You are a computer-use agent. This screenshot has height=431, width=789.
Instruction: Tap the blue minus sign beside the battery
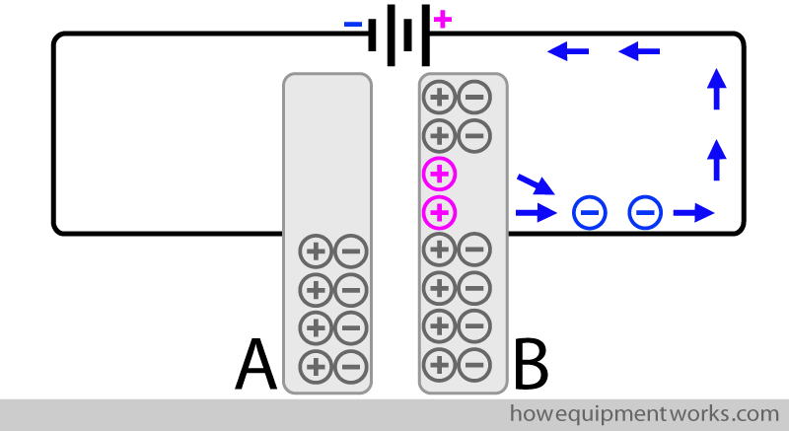click(352, 24)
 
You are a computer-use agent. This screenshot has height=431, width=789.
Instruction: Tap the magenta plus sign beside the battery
click(442, 19)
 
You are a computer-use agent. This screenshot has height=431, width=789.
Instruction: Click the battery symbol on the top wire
click(399, 36)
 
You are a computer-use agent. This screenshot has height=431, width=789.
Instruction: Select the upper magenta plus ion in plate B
click(440, 174)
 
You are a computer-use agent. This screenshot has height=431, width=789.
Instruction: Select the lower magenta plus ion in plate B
click(440, 211)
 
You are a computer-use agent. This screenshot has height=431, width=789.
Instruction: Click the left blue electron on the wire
click(589, 211)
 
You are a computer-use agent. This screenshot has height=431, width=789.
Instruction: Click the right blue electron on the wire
click(645, 211)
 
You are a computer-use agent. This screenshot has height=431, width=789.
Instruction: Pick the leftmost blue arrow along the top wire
click(568, 49)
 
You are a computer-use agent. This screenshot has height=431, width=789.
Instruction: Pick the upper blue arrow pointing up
click(717, 89)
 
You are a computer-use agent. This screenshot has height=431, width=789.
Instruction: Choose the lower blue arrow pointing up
click(717, 158)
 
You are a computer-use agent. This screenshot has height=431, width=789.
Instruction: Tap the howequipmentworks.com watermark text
click(644, 412)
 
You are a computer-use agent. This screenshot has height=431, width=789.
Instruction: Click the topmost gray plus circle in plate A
click(315, 252)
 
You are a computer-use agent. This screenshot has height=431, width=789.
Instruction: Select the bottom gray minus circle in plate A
click(349, 366)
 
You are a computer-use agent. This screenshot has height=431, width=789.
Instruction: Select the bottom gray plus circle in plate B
click(440, 364)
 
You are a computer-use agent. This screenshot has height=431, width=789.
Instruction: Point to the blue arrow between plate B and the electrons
click(536, 211)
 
